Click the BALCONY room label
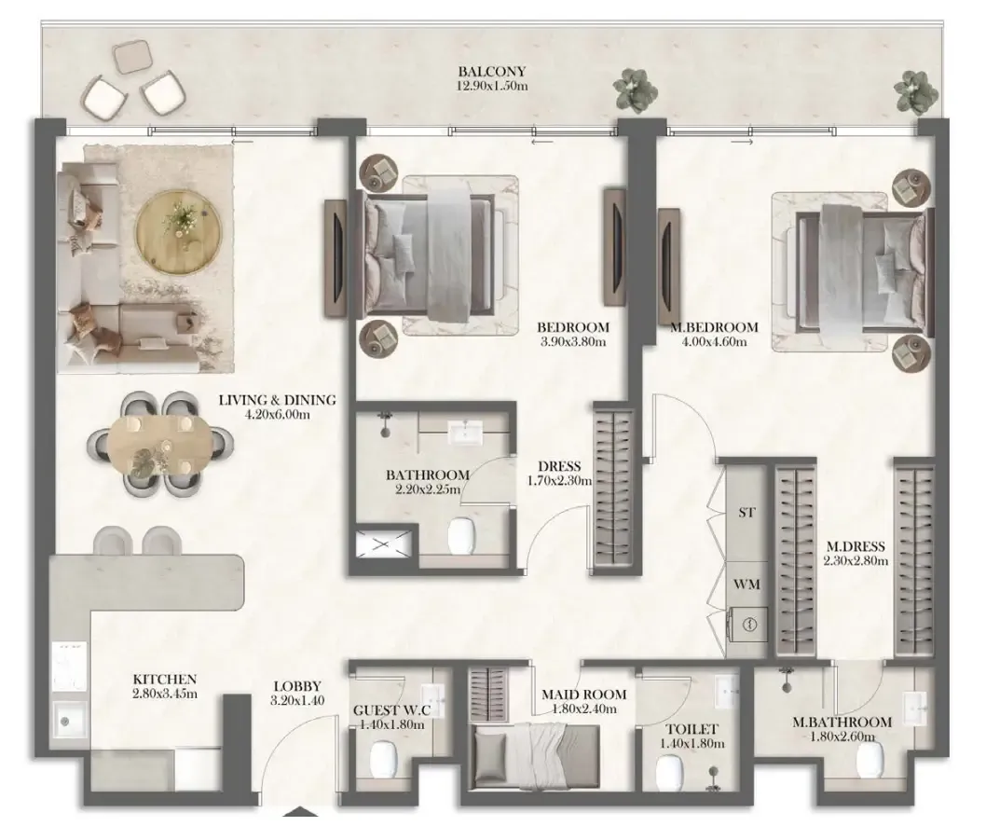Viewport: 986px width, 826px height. point(492,72)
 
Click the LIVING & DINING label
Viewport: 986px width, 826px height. point(278,400)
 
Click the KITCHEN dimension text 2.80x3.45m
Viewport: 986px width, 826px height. point(165,694)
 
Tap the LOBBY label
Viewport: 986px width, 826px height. point(297,686)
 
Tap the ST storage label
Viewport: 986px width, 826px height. point(746,513)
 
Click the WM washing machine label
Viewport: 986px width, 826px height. point(746,585)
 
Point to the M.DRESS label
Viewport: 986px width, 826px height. point(856,546)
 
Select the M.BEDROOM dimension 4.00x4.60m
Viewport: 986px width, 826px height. point(715,342)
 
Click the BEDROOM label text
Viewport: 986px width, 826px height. point(573,327)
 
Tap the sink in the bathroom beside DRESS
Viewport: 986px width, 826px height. point(465,432)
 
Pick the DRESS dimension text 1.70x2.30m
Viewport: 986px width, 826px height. point(561,481)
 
